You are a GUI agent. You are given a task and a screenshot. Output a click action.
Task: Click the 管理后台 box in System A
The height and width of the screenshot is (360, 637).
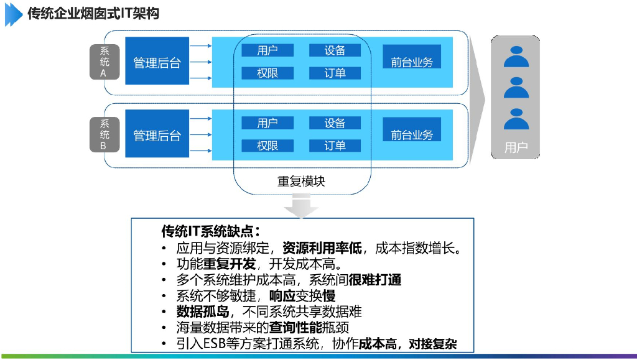click(x=156, y=61)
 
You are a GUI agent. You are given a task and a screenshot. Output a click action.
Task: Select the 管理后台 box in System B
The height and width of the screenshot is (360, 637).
click(x=156, y=134)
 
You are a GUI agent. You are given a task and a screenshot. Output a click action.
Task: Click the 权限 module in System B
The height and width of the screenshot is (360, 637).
click(x=267, y=145)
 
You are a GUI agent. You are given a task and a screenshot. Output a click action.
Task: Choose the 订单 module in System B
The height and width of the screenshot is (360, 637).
click(x=335, y=145)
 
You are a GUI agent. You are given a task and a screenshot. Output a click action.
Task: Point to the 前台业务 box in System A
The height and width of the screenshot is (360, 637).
click(x=411, y=62)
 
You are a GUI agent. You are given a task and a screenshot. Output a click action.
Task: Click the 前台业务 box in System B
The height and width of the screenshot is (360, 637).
click(x=411, y=134)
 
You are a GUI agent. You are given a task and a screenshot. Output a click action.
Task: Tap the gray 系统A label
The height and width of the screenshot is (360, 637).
click(x=104, y=62)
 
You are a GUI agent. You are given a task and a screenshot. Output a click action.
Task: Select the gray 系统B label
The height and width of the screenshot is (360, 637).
click(x=104, y=134)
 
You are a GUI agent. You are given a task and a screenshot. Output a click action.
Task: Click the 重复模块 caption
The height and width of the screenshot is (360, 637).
click(x=301, y=182)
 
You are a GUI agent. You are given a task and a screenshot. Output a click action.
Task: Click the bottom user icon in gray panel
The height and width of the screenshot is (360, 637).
click(x=516, y=119)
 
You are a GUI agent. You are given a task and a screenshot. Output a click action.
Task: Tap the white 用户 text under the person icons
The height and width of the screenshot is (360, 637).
click(x=516, y=148)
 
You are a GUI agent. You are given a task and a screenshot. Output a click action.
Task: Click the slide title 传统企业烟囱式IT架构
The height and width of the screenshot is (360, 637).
click(x=93, y=13)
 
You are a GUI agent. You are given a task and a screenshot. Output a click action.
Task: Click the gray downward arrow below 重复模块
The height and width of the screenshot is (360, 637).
click(x=301, y=206)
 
